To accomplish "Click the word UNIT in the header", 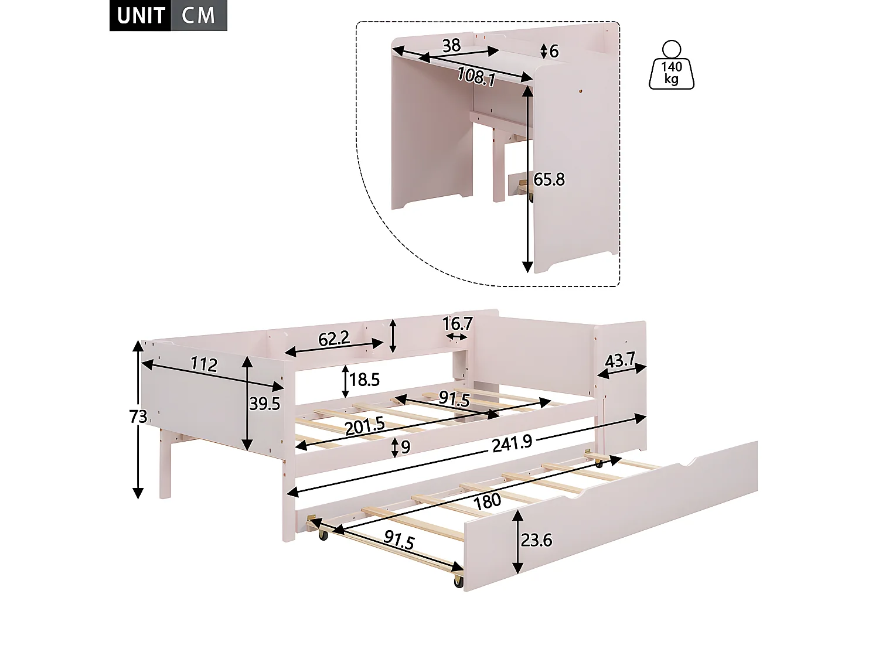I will point(141,16).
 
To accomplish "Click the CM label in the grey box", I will point(199,16).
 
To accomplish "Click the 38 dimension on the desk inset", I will point(451,45).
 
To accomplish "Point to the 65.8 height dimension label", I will point(549,179).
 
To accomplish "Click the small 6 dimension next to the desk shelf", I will point(554,51).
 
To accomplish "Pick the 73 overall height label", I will point(138,416).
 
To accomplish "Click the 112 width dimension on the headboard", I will point(203,365).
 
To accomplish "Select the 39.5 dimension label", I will point(264,404).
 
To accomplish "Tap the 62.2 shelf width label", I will point(333,338).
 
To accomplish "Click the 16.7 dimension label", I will point(458,323).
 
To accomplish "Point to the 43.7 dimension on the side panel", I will point(620,361).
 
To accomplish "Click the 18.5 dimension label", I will point(364,380).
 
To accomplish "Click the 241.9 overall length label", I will point(512,443).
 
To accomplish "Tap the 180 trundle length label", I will point(488,500).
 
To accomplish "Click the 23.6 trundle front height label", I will point(536,540).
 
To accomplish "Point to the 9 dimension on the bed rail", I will point(406,448).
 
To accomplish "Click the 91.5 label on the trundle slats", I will point(399,541).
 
